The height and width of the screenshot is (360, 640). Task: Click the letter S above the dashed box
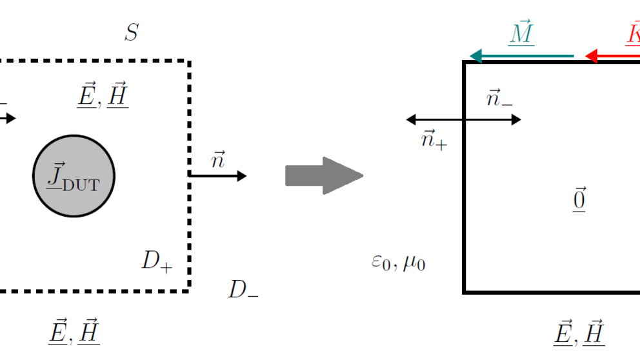[x=132, y=33]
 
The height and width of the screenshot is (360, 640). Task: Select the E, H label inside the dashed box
[x=102, y=95]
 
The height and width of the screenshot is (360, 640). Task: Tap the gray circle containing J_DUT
[x=74, y=176]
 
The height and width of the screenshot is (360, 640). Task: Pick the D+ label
[x=157, y=261]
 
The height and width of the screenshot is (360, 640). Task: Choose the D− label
[x=243, y=290]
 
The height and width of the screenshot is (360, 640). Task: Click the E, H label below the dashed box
[x=74, y=332]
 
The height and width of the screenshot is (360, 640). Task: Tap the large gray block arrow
[x=323, y=175]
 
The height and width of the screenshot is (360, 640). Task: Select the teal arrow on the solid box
[x=522, y=56]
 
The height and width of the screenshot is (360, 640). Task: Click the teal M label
[x=521, y=34]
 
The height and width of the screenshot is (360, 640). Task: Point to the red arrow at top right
[x=613, y=56]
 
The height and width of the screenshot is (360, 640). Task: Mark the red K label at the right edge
[x=633, y=34]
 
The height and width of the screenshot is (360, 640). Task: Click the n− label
[x=499, y=100]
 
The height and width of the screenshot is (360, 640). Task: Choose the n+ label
[x=433, y=139]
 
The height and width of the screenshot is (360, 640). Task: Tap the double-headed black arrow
[x=463, y=119]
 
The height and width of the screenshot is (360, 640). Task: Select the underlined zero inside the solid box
[x=579, y=201]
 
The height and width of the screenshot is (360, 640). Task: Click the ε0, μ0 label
[x=398, y=263]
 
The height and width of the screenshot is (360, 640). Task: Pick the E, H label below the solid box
[x=579, y=332]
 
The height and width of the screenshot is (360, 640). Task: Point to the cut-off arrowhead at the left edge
[x=8, y=118]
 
